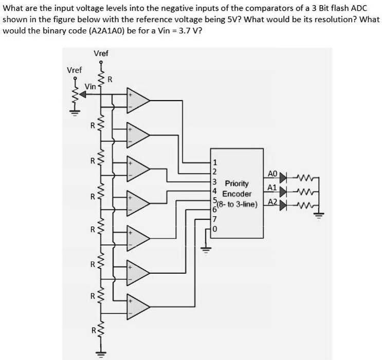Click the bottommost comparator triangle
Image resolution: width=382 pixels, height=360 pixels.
tap(137, 304)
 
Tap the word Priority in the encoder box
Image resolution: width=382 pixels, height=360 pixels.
tap(237, 183)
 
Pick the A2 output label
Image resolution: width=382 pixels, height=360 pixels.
tap(273, 202)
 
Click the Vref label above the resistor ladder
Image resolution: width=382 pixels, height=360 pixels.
tap(101, 53)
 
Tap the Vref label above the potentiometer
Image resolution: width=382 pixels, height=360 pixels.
tap(74, 70)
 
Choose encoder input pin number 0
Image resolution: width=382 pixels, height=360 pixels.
tap(214, 229)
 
